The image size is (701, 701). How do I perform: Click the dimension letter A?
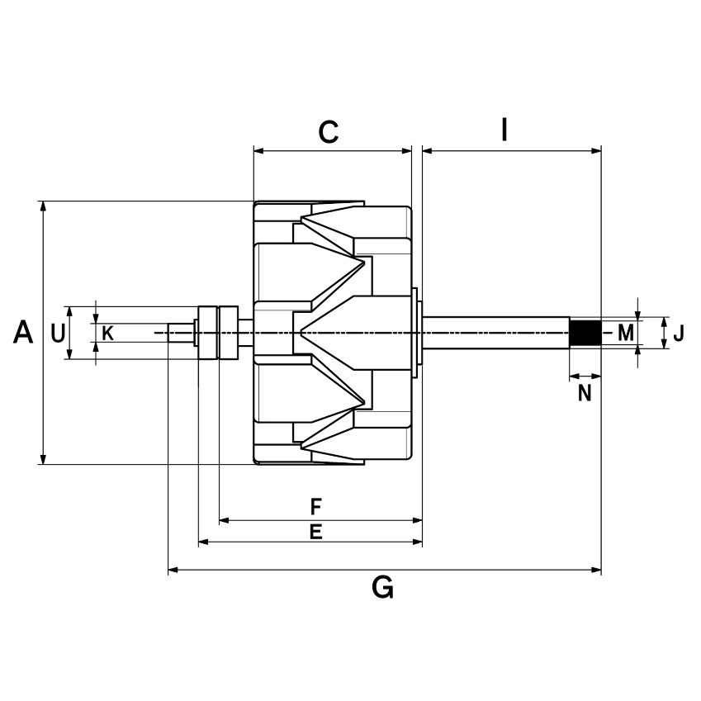pos(24,333)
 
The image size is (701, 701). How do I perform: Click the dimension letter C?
pos(329,132)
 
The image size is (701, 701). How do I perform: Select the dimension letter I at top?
pos(504,130)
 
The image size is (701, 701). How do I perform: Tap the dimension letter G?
pos(382,588)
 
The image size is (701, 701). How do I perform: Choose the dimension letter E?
pos(315,532)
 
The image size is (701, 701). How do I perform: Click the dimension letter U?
pos(57,334)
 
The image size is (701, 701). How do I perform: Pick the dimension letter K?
pos(107,334)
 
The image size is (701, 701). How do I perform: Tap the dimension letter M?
pos(626,334)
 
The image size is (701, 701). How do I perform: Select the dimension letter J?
pos(678,334)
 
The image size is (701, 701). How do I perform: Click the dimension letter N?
pos(585,394)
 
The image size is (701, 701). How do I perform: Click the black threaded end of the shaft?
pos(585,333)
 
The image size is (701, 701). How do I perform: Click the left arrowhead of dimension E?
pos(203,542)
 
